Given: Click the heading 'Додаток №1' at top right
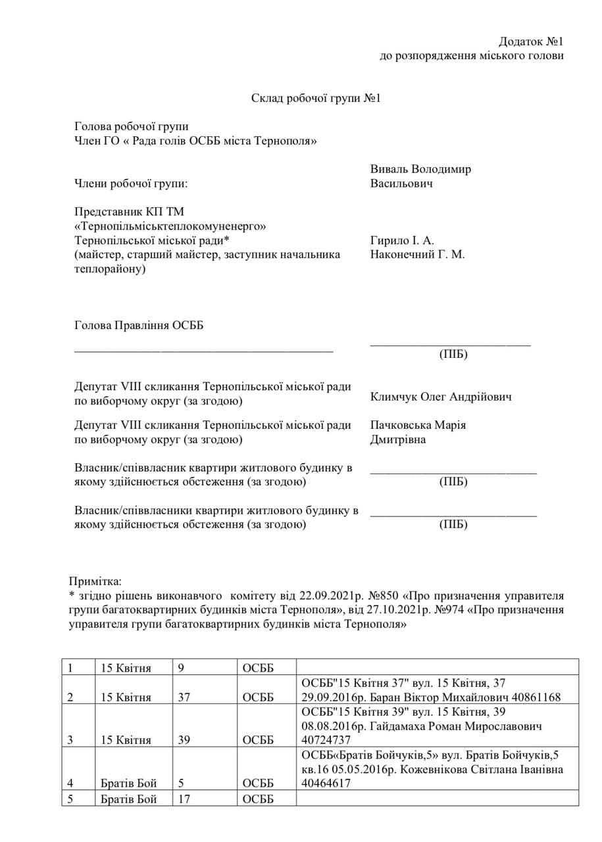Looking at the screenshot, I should click(530, 41).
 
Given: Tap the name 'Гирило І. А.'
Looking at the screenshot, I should click(402, 240).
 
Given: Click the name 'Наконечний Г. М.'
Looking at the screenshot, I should click(417, 255).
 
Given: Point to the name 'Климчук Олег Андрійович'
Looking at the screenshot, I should click(441, 397).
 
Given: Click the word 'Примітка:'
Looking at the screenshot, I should click(95, 582).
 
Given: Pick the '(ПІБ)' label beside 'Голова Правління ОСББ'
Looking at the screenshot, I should click(453, 355).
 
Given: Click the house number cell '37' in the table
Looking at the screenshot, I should click(184, 697).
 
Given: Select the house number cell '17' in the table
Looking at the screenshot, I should click(184, 800).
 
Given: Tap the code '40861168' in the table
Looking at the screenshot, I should click(534, 697).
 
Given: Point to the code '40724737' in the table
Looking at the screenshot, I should click(324, 740).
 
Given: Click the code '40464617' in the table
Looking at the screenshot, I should click(324, 783).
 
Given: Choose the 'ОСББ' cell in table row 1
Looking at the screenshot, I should click(257, 668).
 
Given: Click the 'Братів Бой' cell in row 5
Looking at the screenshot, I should click(128, 800).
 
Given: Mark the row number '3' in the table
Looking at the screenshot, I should click(70, 740).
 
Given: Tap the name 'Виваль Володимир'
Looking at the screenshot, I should click(420, 169).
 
